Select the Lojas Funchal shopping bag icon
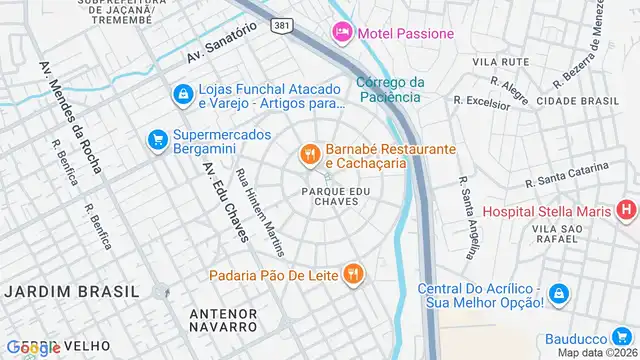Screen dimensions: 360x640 click(x=183, y=94)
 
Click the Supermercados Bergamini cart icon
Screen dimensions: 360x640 click(x=157, y=141)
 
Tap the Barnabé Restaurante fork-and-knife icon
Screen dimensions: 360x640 click(x=310, y=155)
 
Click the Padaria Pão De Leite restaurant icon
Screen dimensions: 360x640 click(x=352, y=273)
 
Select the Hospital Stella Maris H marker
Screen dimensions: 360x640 click(x=626, y=210)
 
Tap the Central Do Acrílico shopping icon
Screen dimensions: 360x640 click(x=560, y=294)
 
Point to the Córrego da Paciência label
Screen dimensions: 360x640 click(x=390, y=89)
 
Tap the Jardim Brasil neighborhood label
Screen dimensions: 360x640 click(x=71, y=290)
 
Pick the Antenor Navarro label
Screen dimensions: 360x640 click(x=223, y=319)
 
